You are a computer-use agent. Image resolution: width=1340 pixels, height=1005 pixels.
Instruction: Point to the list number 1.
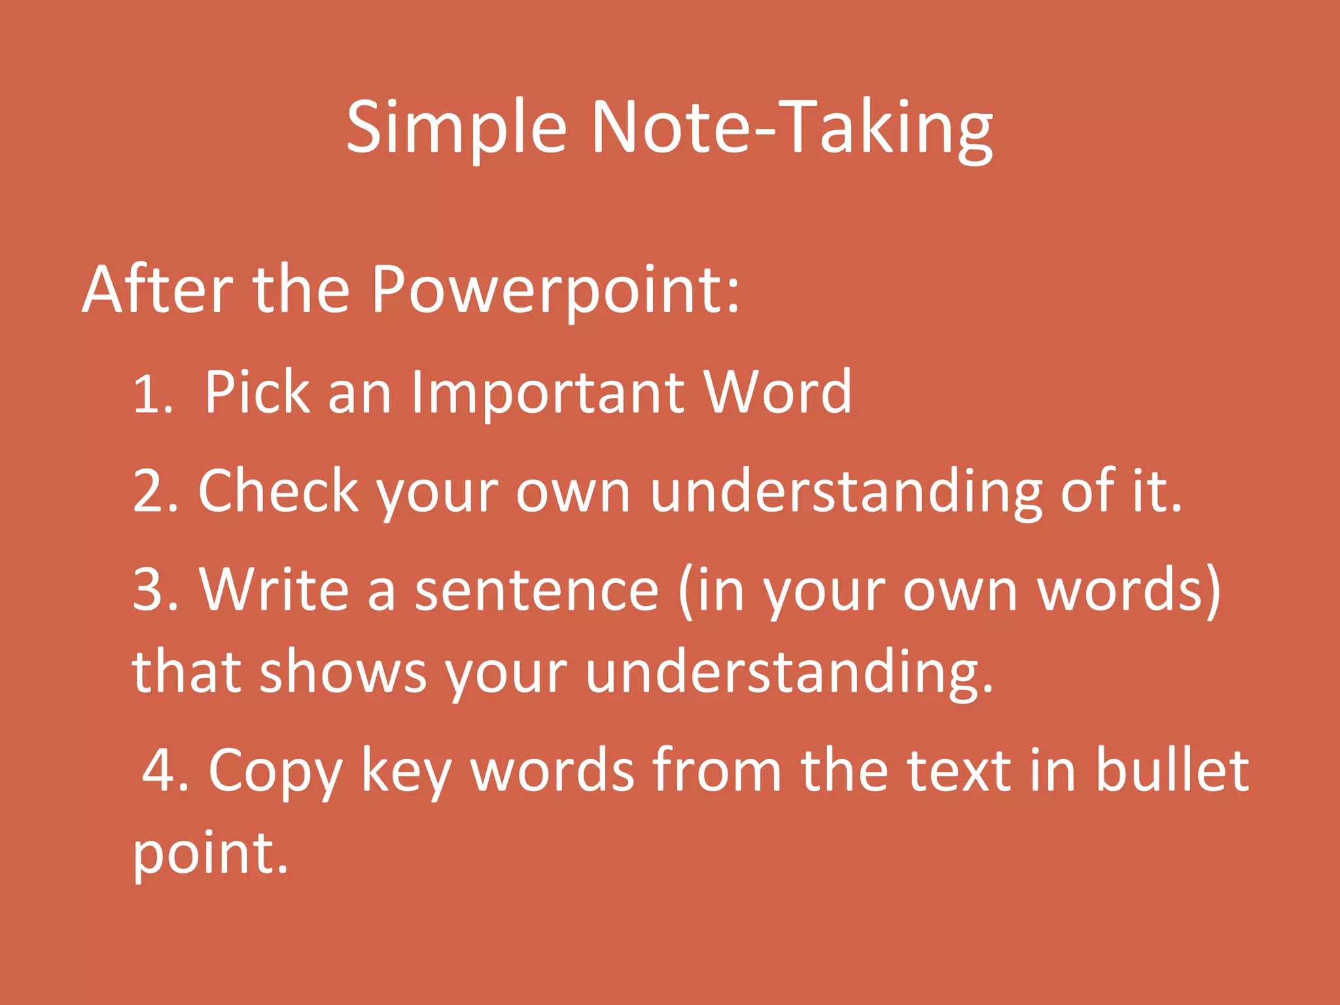pyautogui.click(x=152, y=395)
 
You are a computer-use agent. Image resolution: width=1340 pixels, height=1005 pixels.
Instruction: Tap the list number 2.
pyautogui.click(x=154, y=492)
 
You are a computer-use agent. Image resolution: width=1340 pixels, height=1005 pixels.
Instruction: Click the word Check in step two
pyautogui.click(x=278, y=492)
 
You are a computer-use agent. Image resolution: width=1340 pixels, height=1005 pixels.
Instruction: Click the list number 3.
pyautogui.click(x=154, y=590)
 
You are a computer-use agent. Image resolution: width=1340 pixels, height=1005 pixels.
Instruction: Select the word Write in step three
pyautogui.click(x=273, y=590)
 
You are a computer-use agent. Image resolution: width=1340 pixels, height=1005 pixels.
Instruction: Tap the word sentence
pyautogui.click(x=537, y=590)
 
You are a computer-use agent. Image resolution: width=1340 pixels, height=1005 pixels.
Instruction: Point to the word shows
pyautogui.click(x=343, y=673)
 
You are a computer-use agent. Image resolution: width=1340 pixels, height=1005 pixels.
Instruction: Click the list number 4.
pyautogui.click(x=164, y=771)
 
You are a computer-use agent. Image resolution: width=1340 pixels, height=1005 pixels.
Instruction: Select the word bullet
pyautogui.click(x=1171, y=771)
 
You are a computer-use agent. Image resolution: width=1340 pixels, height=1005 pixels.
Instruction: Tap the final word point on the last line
pyautogui.click(x=209, y=853)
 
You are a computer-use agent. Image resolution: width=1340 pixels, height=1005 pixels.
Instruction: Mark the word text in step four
pyautogui.click(x=959, y=771)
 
